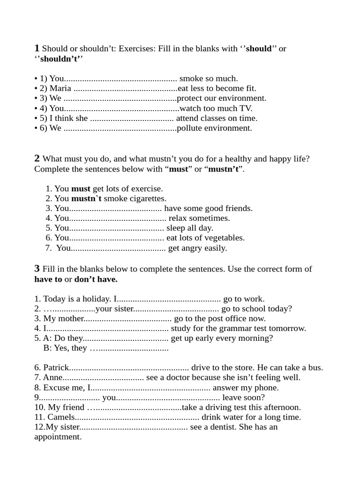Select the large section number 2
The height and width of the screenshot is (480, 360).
[37, 158]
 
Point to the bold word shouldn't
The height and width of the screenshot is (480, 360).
[61, 59]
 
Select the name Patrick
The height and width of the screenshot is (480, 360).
[56, 367]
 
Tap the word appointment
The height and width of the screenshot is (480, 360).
[58, 437]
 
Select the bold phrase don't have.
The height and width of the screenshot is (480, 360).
[96, 279]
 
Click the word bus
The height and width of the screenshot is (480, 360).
[316, 367]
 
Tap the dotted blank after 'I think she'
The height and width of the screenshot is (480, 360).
[132, 119]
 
